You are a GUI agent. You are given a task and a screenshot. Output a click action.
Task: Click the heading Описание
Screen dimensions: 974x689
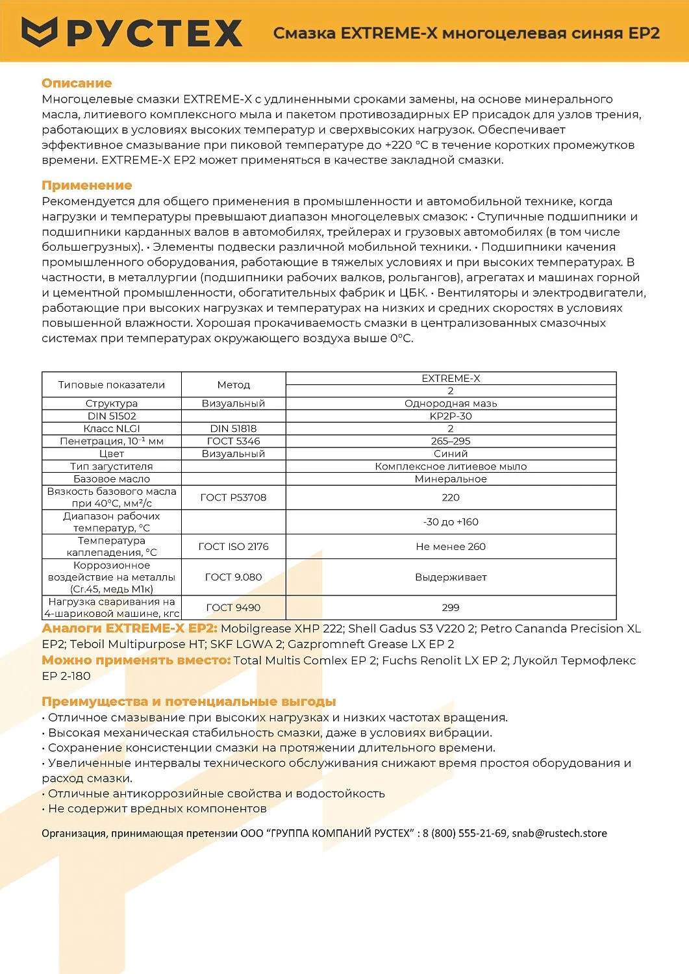(x=77, y=83)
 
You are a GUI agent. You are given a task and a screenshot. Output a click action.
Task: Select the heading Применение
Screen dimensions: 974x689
(x=86, y=186)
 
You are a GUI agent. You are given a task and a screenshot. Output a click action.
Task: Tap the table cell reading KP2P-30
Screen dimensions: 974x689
(x=451, y=416)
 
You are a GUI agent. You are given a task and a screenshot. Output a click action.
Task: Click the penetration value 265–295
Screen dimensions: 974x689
(x=451, y=441)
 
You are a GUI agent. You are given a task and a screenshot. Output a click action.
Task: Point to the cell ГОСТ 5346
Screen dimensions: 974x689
(x=233, y=441)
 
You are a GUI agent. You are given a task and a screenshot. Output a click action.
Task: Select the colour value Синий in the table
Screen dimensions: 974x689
(x=451, y=454)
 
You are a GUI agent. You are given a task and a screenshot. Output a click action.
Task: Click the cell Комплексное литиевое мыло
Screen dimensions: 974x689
(x=451, y=466)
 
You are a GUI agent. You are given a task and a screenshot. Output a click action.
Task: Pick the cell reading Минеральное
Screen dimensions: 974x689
(x=451, y=479)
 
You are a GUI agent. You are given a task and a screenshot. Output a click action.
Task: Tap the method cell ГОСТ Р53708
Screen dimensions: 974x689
(x=233, y=497)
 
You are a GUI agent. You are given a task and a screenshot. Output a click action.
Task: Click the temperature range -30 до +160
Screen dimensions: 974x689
(x=451, y=522)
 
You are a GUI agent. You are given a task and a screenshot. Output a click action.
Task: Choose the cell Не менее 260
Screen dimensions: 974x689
(x=451, y=547)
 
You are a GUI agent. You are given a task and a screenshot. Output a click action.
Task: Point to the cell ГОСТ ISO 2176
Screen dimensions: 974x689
(x=233, y=547)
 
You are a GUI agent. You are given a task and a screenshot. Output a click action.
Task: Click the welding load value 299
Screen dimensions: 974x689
(x=451, y=608)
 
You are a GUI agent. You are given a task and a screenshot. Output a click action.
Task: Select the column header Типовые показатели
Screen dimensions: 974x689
(x=112, y=384)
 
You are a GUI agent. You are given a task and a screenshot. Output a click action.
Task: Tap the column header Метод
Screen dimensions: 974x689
(x=233, y=384)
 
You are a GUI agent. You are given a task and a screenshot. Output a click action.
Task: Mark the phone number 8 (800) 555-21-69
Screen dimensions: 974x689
(x=464, y=833)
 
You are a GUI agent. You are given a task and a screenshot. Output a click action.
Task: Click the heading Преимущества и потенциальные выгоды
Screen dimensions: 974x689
(x=189, y=702)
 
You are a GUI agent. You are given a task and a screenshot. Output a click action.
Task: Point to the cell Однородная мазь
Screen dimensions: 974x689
(x=451, y=403)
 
